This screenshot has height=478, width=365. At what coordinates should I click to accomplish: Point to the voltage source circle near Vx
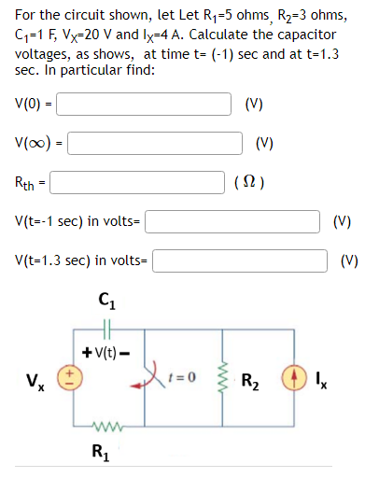[x=66, y=381]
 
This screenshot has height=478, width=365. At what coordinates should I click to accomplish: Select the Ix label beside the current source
[x=323, y=382]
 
